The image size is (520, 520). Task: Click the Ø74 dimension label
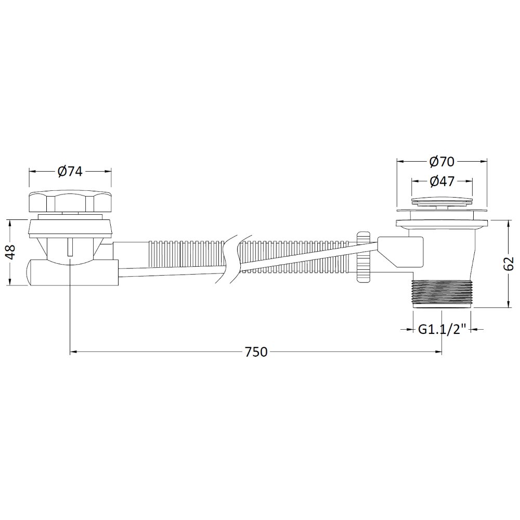[70, 172]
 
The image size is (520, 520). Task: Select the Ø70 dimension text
[441, 162]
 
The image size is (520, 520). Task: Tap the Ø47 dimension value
[441, 181]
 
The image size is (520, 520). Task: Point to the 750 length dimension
[256, 352]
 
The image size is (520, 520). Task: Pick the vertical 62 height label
[509, 264]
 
